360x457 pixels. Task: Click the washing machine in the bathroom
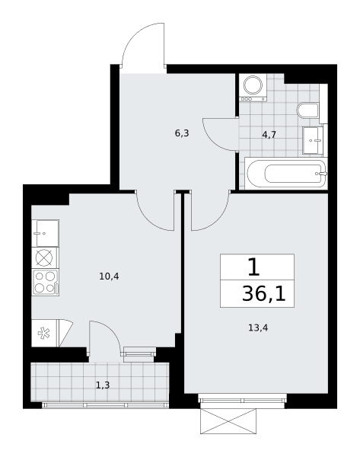point(253,88)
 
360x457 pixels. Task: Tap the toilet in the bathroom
point(307,110)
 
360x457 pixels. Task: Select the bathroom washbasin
point(313,140)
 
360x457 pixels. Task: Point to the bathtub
point(286,174)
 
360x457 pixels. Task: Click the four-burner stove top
point(46,283)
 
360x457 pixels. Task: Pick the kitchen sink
point(46,233)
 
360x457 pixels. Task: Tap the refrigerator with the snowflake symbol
point(44,333)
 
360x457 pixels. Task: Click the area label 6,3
point(182,133)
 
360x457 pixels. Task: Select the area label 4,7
point(269,135)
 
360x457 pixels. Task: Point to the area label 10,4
point(109,276)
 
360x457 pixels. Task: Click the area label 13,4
point(258,328)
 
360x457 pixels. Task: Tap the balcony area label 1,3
point(103,385)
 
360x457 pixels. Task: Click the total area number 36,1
point(264,294)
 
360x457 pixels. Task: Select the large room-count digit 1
point(253,267)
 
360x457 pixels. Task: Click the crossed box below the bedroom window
point(228,421)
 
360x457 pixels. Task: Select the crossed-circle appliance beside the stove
point(44,258)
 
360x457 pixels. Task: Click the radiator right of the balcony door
point(139,351)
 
